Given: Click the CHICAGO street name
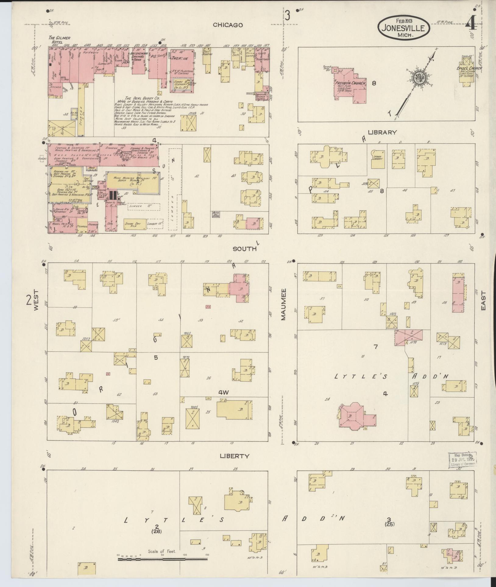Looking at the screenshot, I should tap(228, 25).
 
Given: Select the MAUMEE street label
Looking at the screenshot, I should tap(283, 304).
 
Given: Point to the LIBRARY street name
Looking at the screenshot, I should tap(382, 132).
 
